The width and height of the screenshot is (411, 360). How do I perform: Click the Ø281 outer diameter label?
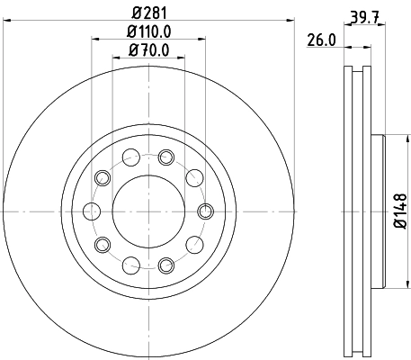tap(147, 13)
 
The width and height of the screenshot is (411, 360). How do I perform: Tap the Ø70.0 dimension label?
tap(147, 50)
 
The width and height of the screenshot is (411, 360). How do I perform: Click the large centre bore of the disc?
tap(147, 211)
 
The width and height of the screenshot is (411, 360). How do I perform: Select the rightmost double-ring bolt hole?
tap(204, 211)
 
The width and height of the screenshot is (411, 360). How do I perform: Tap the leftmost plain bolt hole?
tap(91, 211)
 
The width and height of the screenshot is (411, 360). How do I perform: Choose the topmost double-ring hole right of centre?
tap(165, 157)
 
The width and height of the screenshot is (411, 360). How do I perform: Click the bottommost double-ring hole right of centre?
tap(165, 265)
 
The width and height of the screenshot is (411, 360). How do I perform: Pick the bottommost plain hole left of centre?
tap(130, 265)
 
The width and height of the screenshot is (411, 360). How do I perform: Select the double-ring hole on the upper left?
tap(102, 177)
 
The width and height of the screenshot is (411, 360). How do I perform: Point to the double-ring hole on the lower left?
tap(102, 244)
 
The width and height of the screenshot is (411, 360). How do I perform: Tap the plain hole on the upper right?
tap(193, 177)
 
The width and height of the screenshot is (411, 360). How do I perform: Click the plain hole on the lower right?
tap(193, 244)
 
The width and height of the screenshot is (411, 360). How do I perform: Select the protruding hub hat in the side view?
tap(378, 211)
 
